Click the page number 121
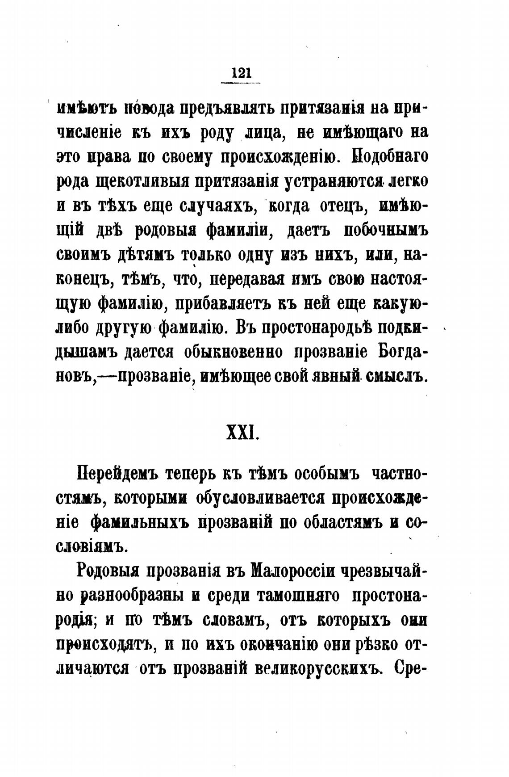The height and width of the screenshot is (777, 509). coord(241,73)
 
